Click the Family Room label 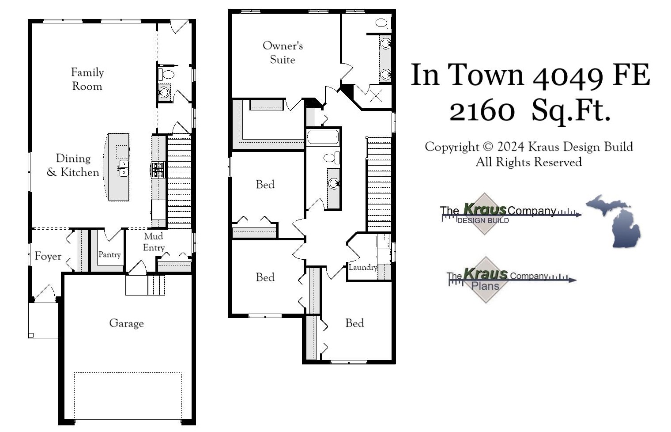(87, 79)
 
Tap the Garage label (126, 323)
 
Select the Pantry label (109, 254)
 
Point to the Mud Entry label (154, 242)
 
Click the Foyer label (48, 256)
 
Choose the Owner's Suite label (283, 52)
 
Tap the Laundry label (363, 267)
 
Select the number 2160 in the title (482, 110)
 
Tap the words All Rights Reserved (528, 162)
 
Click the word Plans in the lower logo (485, 286)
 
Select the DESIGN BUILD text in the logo (483, 220)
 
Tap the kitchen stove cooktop (158, 170)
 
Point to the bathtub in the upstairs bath (323, 137)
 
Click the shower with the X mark (376, 95)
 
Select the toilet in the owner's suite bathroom (383, 22)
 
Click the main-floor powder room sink (164, 92)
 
